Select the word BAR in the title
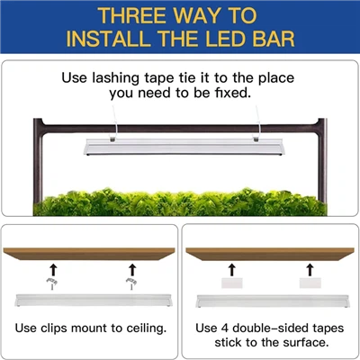[278, 40]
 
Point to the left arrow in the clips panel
[51, 267]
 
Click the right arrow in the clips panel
[131, 267]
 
